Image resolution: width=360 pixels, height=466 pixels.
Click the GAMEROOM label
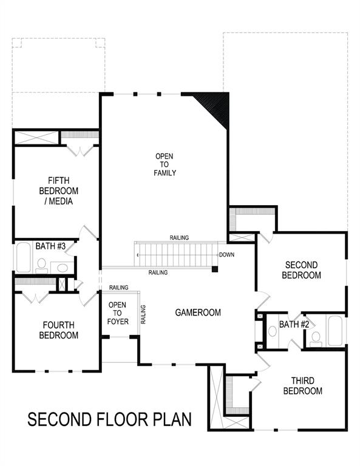pyautogui.click(x=198, y=312)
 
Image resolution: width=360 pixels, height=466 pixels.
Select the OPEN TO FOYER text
pyautogui.click(x=118, y=312)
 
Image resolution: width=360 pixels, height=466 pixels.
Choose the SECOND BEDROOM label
pyautogui.click(x=302, y=270)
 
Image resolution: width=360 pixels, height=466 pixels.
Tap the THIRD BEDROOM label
pyautogui.click(x=302, y=386)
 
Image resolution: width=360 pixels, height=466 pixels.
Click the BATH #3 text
pyautogui.click(x=46, y=246)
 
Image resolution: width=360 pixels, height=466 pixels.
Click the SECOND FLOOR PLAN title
pyautogui.click(x=110, y=419)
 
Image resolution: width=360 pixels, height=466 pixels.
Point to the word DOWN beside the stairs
pyautogui.click(x=226, y=255)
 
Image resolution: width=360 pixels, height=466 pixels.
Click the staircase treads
pyautogui.click(x=175, y=254)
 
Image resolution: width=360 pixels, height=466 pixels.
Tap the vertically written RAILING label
pyautogui.click(x=144, y=314)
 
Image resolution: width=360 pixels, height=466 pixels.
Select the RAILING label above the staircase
pyautogui.click(x=179, y=237)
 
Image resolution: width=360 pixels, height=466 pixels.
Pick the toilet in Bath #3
pyautogui.click(x=41, y=264)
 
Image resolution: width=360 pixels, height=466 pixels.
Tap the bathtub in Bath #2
pyautogui.click(x=335, y=329)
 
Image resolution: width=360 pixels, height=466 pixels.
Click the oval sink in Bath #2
pyautogui.click(x=273, y=331)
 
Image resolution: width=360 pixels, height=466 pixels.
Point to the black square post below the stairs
pyautogui.click(x=215, y=268)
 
